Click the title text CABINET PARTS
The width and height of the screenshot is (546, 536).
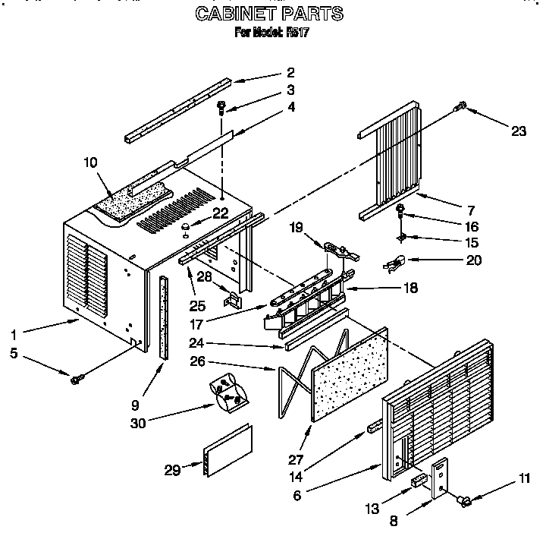coord(268,14)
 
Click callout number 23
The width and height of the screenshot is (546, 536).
coord(518,131)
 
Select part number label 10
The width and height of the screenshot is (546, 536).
coord(92,162)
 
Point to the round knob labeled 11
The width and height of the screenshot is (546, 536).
coord(464,499)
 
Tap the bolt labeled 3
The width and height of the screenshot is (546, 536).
coord(221,106)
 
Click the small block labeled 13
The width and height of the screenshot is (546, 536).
coord(419,481)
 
